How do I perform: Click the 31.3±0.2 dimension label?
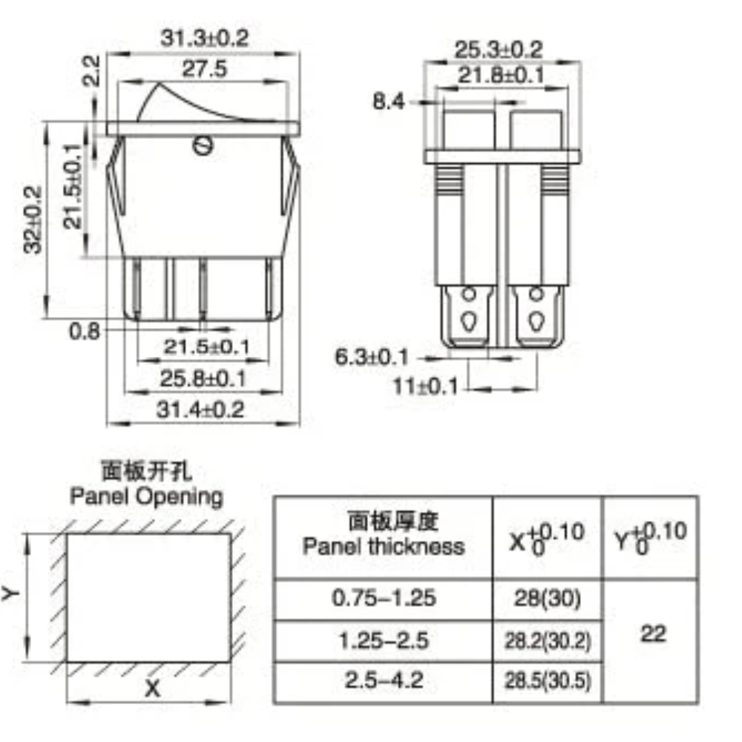click(205, 39)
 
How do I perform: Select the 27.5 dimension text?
click(205, 69)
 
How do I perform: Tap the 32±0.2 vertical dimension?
click(33, 220)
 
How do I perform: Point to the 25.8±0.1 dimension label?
click(203, 378)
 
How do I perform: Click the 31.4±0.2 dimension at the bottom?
click(200, 410)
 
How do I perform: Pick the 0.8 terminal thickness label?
click(85, 331)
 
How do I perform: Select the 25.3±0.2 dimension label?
click(499, 50)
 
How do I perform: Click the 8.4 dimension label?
click(389, 101)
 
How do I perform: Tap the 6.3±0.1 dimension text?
click(372, 357)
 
